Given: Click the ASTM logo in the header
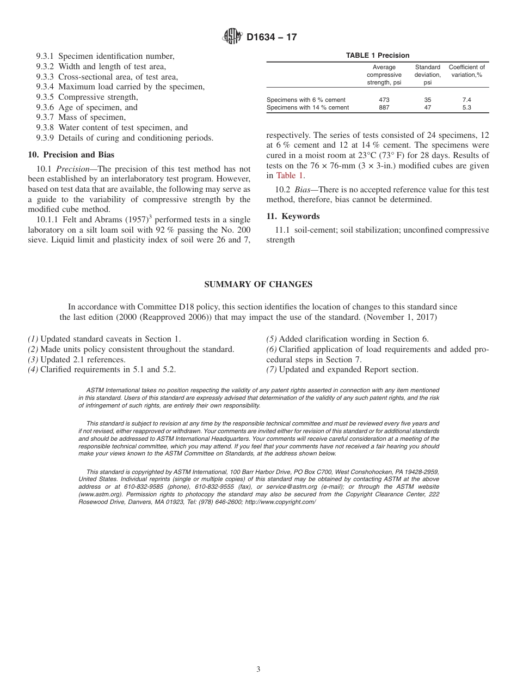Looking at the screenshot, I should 232,37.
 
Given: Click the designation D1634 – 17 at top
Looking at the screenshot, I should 272,38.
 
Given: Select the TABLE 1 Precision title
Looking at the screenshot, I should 378,56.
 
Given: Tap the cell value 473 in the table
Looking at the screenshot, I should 384,100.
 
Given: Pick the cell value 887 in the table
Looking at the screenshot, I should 384,107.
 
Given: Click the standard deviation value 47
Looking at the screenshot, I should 427,107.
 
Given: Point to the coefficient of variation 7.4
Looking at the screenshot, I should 466,100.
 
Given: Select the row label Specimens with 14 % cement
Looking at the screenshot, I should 307,107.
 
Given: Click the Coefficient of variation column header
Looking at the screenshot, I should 466,71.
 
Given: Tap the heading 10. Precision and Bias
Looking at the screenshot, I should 71,155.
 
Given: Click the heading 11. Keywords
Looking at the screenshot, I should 293,216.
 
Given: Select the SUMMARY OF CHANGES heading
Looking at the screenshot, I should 258,284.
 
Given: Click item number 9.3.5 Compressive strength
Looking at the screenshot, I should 87,97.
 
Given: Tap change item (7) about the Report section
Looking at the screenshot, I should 342,369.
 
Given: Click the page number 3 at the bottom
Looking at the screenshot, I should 258,670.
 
